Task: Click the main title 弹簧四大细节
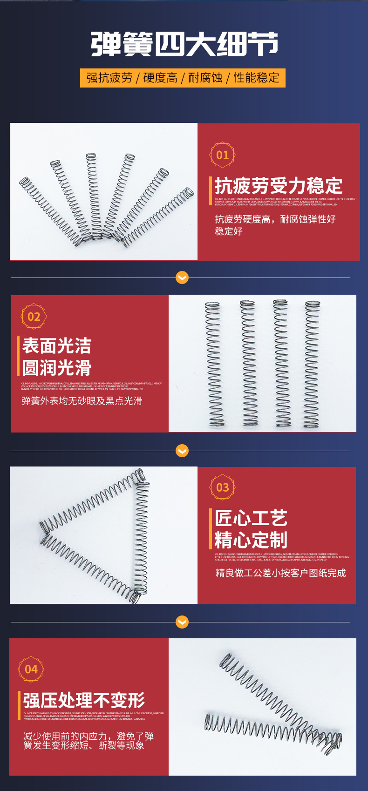[x=184, y=44]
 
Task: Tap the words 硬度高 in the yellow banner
[x=160, y=78]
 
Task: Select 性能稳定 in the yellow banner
[x=256, y=78]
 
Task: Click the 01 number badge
[x=223, y=155]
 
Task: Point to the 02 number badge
[x=34, y=317]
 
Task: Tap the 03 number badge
[x=223, y=487]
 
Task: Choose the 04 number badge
[x=31, y=669]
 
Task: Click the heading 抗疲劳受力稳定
[x=278, y=186]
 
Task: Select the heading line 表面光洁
[x=57, y=346]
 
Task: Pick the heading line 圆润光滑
[x=57, y=368]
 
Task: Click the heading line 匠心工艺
[x=251, y=518]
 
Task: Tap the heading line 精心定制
[x=251, y=540]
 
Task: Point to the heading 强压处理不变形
[x=84, y=700]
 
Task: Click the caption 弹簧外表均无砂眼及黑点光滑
[x=82, y=401]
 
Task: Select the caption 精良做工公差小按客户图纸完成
[x=280, y=573]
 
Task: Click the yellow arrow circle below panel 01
[x=182, y=277]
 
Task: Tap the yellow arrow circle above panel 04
[x=182, y=622]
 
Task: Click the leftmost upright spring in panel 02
[x=213, y=364]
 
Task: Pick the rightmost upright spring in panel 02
[x=312, y=364]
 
